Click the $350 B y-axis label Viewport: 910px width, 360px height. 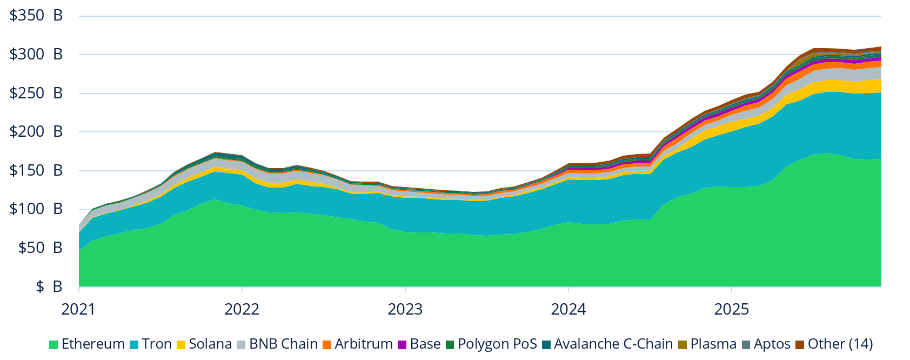coord(36,16)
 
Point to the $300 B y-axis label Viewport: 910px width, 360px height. coord(36,55)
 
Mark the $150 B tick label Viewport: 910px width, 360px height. coord(36,171)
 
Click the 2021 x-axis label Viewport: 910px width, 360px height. coord(79,310)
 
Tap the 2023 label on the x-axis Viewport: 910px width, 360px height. coord(405,310)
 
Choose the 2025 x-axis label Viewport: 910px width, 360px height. coord(732,310)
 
